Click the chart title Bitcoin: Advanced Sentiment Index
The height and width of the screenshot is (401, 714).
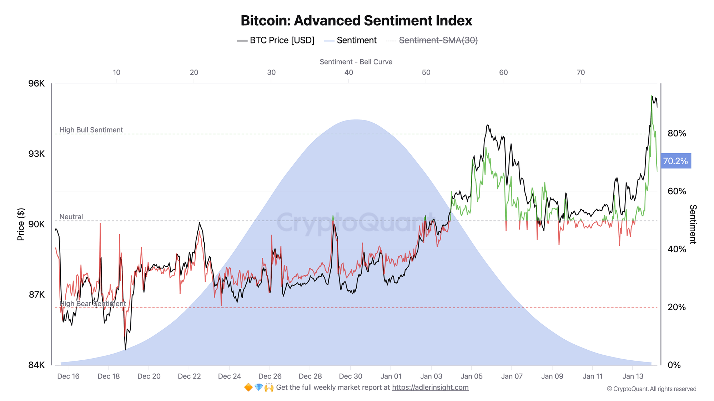click(356, 21)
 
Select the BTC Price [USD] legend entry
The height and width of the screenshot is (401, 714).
click(276, 41)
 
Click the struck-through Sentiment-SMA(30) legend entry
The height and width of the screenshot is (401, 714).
click(438, 41)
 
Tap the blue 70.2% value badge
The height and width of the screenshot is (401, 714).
click(675, 161)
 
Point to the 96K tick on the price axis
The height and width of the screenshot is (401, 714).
click(36, 83)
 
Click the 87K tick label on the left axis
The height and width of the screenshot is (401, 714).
click(36, 295)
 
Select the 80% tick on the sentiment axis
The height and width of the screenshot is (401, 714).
click(677, 133)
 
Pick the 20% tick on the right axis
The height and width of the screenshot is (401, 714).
click(677, 307)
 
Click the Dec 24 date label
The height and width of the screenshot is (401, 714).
click(230, 376)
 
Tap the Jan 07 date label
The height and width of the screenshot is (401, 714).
click(512, 376)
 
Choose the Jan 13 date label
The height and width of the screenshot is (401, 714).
click(633, 376)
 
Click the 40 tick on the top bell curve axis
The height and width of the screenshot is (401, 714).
click(349, 73)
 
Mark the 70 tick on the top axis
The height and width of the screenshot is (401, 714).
click(581, 73)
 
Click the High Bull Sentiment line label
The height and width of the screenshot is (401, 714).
click(91, 130)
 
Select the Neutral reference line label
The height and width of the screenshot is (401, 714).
click(71, 217)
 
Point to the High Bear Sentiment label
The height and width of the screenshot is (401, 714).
click(92, 304)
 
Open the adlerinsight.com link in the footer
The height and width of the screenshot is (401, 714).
click(430, 387)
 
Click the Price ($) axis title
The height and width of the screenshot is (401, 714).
click(21, 224)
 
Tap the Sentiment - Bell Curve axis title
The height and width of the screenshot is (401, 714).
click(356, 62)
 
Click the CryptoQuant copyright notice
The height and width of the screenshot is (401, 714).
click(652, 389)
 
